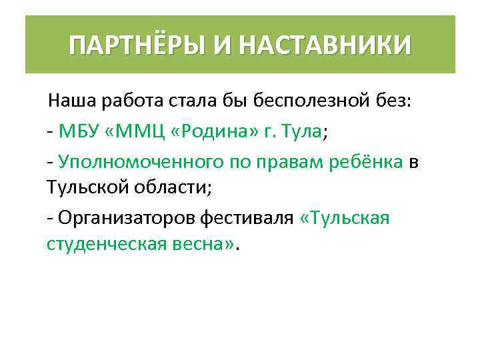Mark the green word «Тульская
pos(345,217)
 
